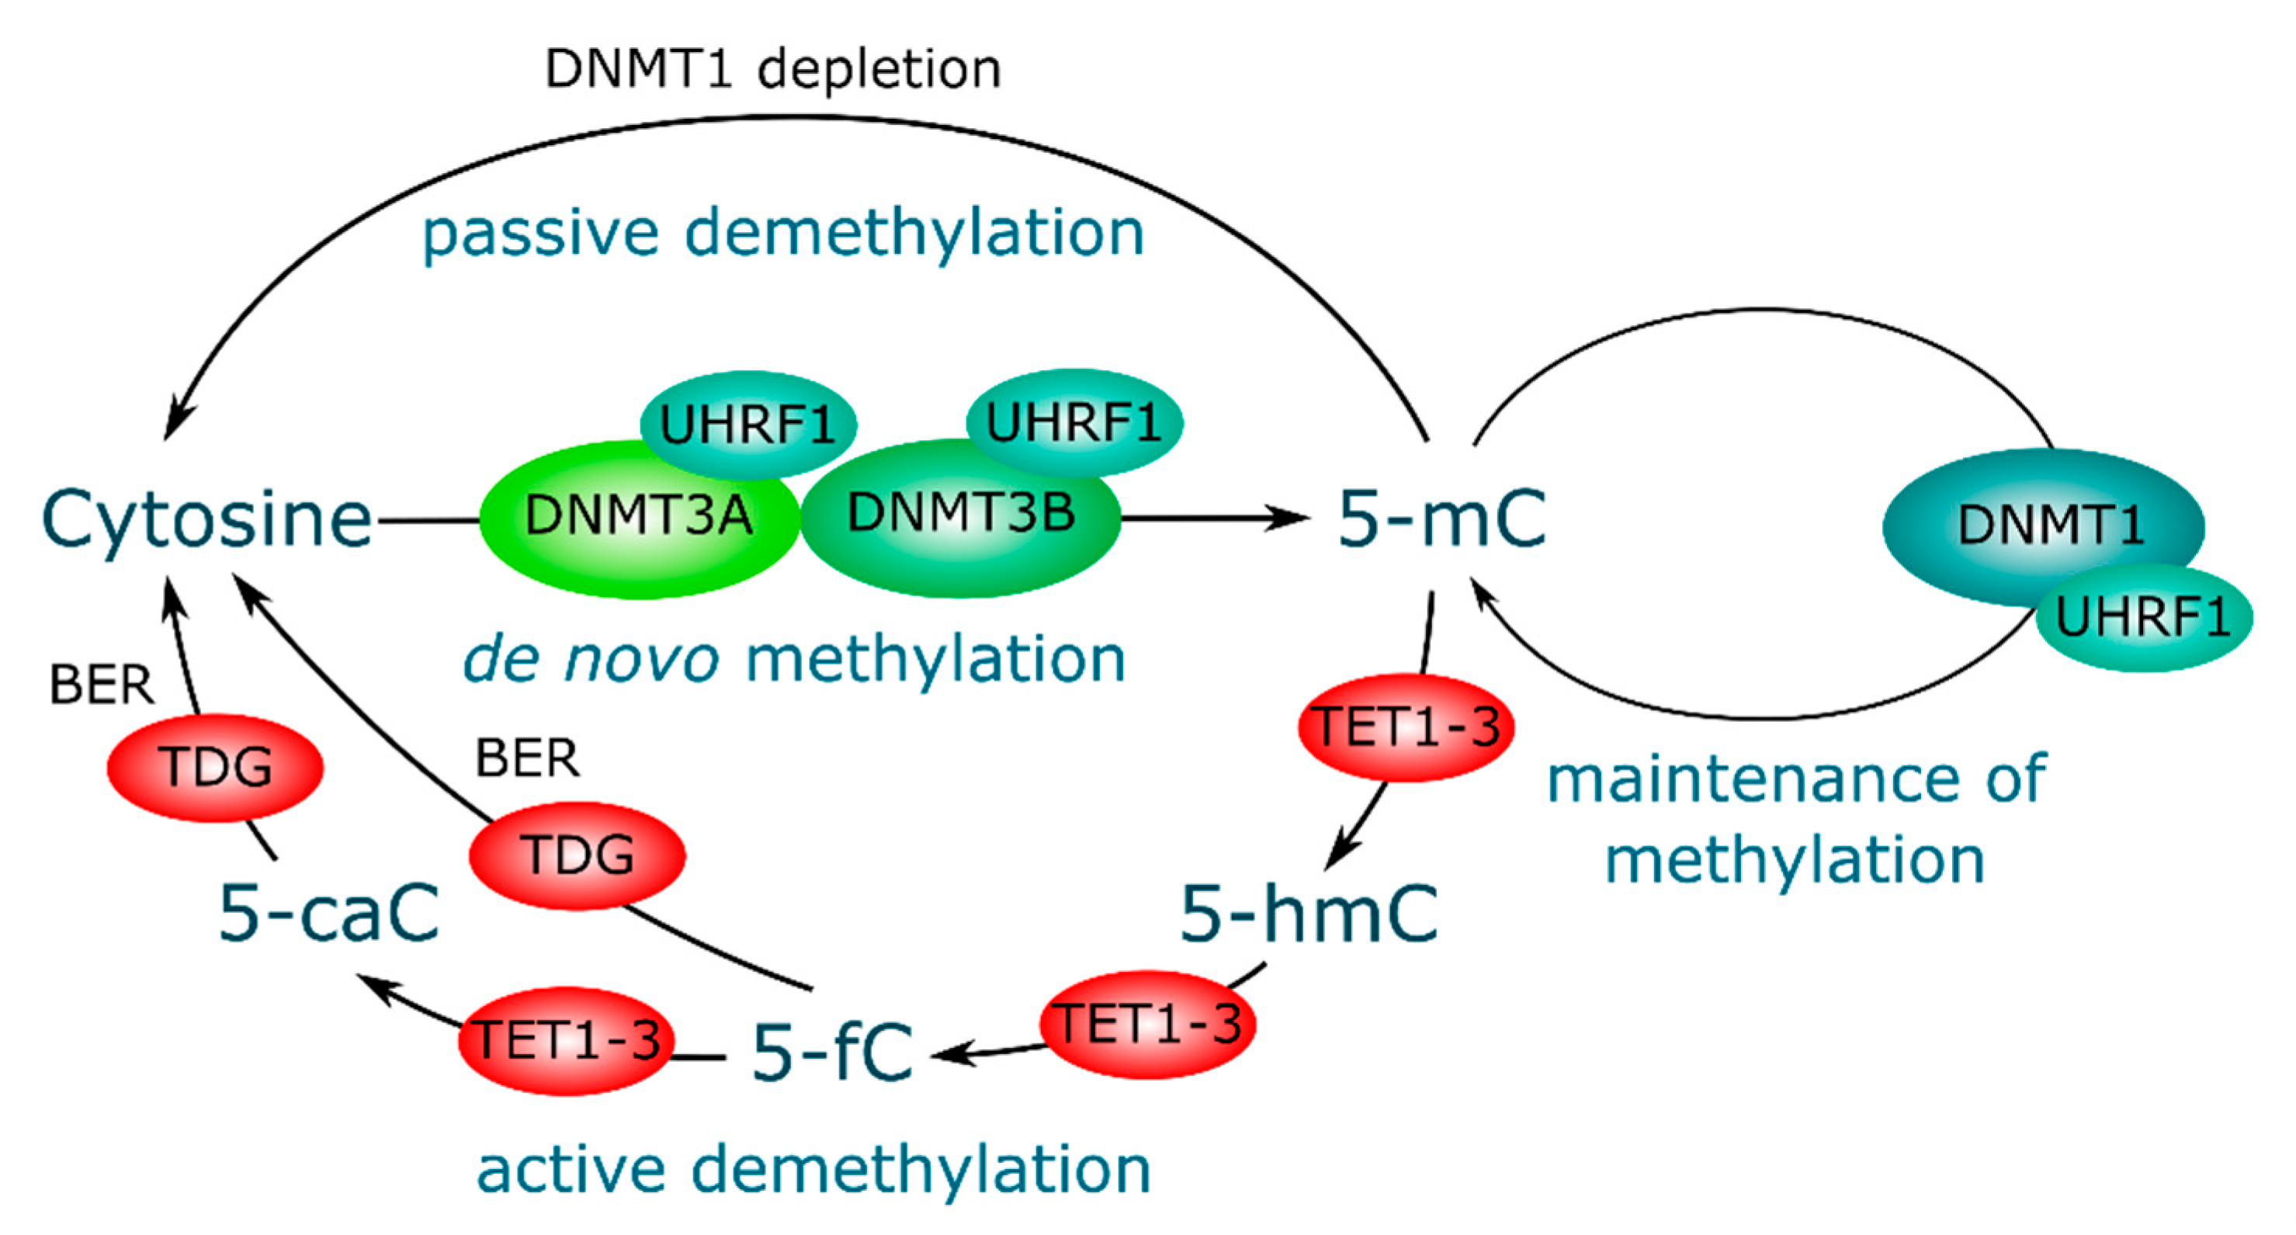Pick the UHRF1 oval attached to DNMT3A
(x=747, y=424)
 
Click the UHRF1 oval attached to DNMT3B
(x=1073, y=422)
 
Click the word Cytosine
(x=206, y=519)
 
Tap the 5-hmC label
(x=1309, y=914)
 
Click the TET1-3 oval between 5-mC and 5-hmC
(x=1406, y=727)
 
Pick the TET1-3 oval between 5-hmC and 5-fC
(x=1148, y=1025)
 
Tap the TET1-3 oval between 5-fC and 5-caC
(x=567, y=1041)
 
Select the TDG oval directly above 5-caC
(x=215, y=766)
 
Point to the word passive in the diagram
(x=540, y=234)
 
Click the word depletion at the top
(x=879, y=70)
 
